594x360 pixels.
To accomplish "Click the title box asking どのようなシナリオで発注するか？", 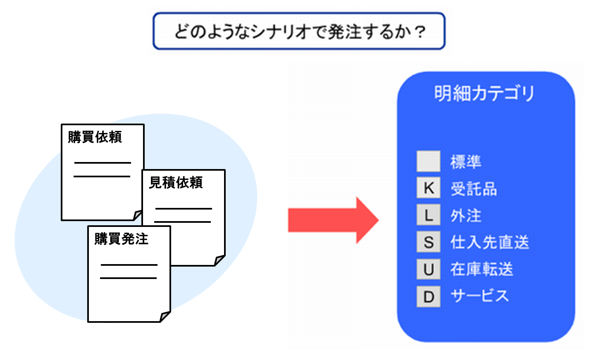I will click(299, 31).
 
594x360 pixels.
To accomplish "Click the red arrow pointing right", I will click(333, 220).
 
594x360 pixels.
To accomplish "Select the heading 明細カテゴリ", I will click(484, 93).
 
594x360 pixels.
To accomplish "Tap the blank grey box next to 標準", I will click(428, 161).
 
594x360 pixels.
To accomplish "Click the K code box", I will click(428, 188).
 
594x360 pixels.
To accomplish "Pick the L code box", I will click(428, 215).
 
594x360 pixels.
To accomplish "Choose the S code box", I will click(428, 242).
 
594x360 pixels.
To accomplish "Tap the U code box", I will click(428, 269).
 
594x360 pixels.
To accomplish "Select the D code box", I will click(428, 296).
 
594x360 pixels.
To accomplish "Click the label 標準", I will click(466, 162).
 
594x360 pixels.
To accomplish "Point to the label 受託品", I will click(474, 189).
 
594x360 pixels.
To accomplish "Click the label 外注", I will click(466, 216).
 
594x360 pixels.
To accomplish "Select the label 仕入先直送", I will click(489, 243).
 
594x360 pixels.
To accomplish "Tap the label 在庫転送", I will click(482, 269).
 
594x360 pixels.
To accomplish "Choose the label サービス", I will click(479, 296).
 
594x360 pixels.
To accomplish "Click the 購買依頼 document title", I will click(95, 137).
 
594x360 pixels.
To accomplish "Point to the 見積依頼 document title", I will click(176, 182).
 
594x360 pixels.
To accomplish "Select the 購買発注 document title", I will click(121, 238).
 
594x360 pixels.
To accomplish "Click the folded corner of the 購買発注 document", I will click(165, 317).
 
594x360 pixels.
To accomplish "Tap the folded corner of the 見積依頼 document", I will click(219, 260).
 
